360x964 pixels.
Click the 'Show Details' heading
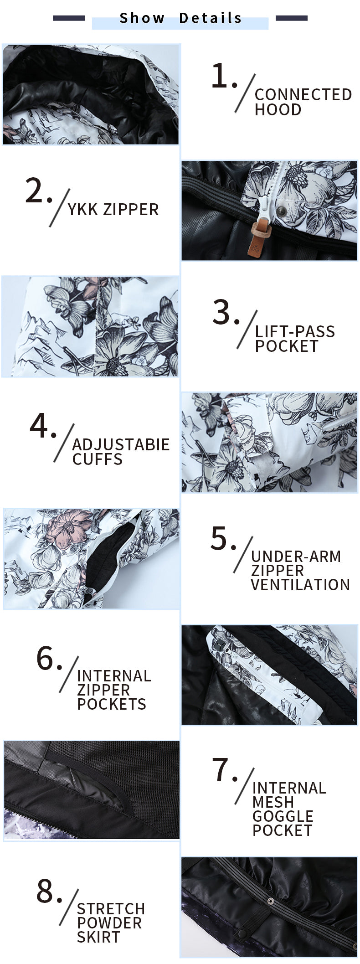click(180, 18)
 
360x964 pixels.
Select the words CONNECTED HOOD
click(303, 102)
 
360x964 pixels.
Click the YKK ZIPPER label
click(113, 210)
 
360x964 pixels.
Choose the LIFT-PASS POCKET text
click(295, 339)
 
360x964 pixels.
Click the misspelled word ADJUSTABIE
click(121, 444)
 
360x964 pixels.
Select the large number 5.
click(220, 538)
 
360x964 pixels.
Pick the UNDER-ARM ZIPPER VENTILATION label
click(300, 570)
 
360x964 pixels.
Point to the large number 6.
click(46, 659)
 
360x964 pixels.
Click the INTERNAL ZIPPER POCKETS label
click(114, 690)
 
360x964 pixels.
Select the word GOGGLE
click(283, 816)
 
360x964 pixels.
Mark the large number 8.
click(46, 891)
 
